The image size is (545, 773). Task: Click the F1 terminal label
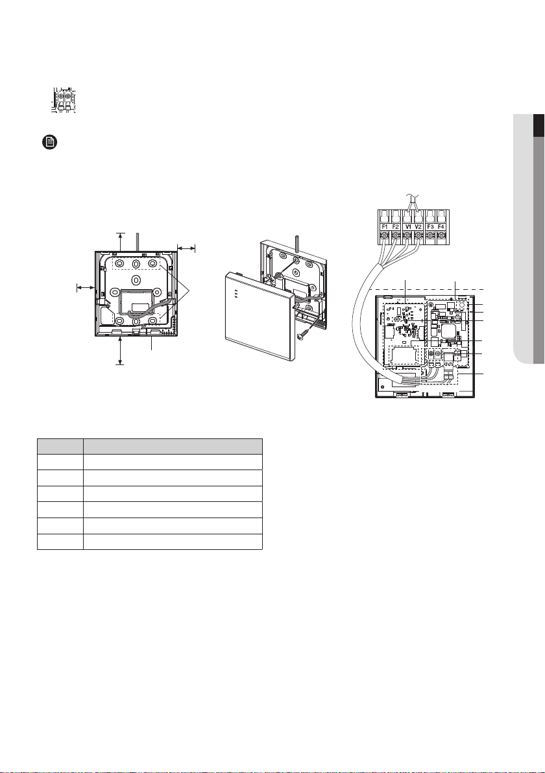point(384,227)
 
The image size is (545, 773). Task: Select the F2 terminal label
point(396,227)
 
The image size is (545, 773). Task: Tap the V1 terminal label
point(407,227)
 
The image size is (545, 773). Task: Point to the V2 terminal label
point(418,227)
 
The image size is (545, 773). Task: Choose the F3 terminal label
point(430,227)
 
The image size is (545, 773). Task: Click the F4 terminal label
point(441,227)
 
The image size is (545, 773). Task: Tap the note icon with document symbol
point(49,143)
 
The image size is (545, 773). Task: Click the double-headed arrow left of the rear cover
point(86,287)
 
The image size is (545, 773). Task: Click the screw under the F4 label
point(441,237)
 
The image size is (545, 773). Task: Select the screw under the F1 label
point(384,237)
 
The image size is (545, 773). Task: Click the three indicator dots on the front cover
point(237,294)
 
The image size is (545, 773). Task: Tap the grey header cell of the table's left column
point(60,447)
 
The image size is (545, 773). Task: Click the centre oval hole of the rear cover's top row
point(135,263)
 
